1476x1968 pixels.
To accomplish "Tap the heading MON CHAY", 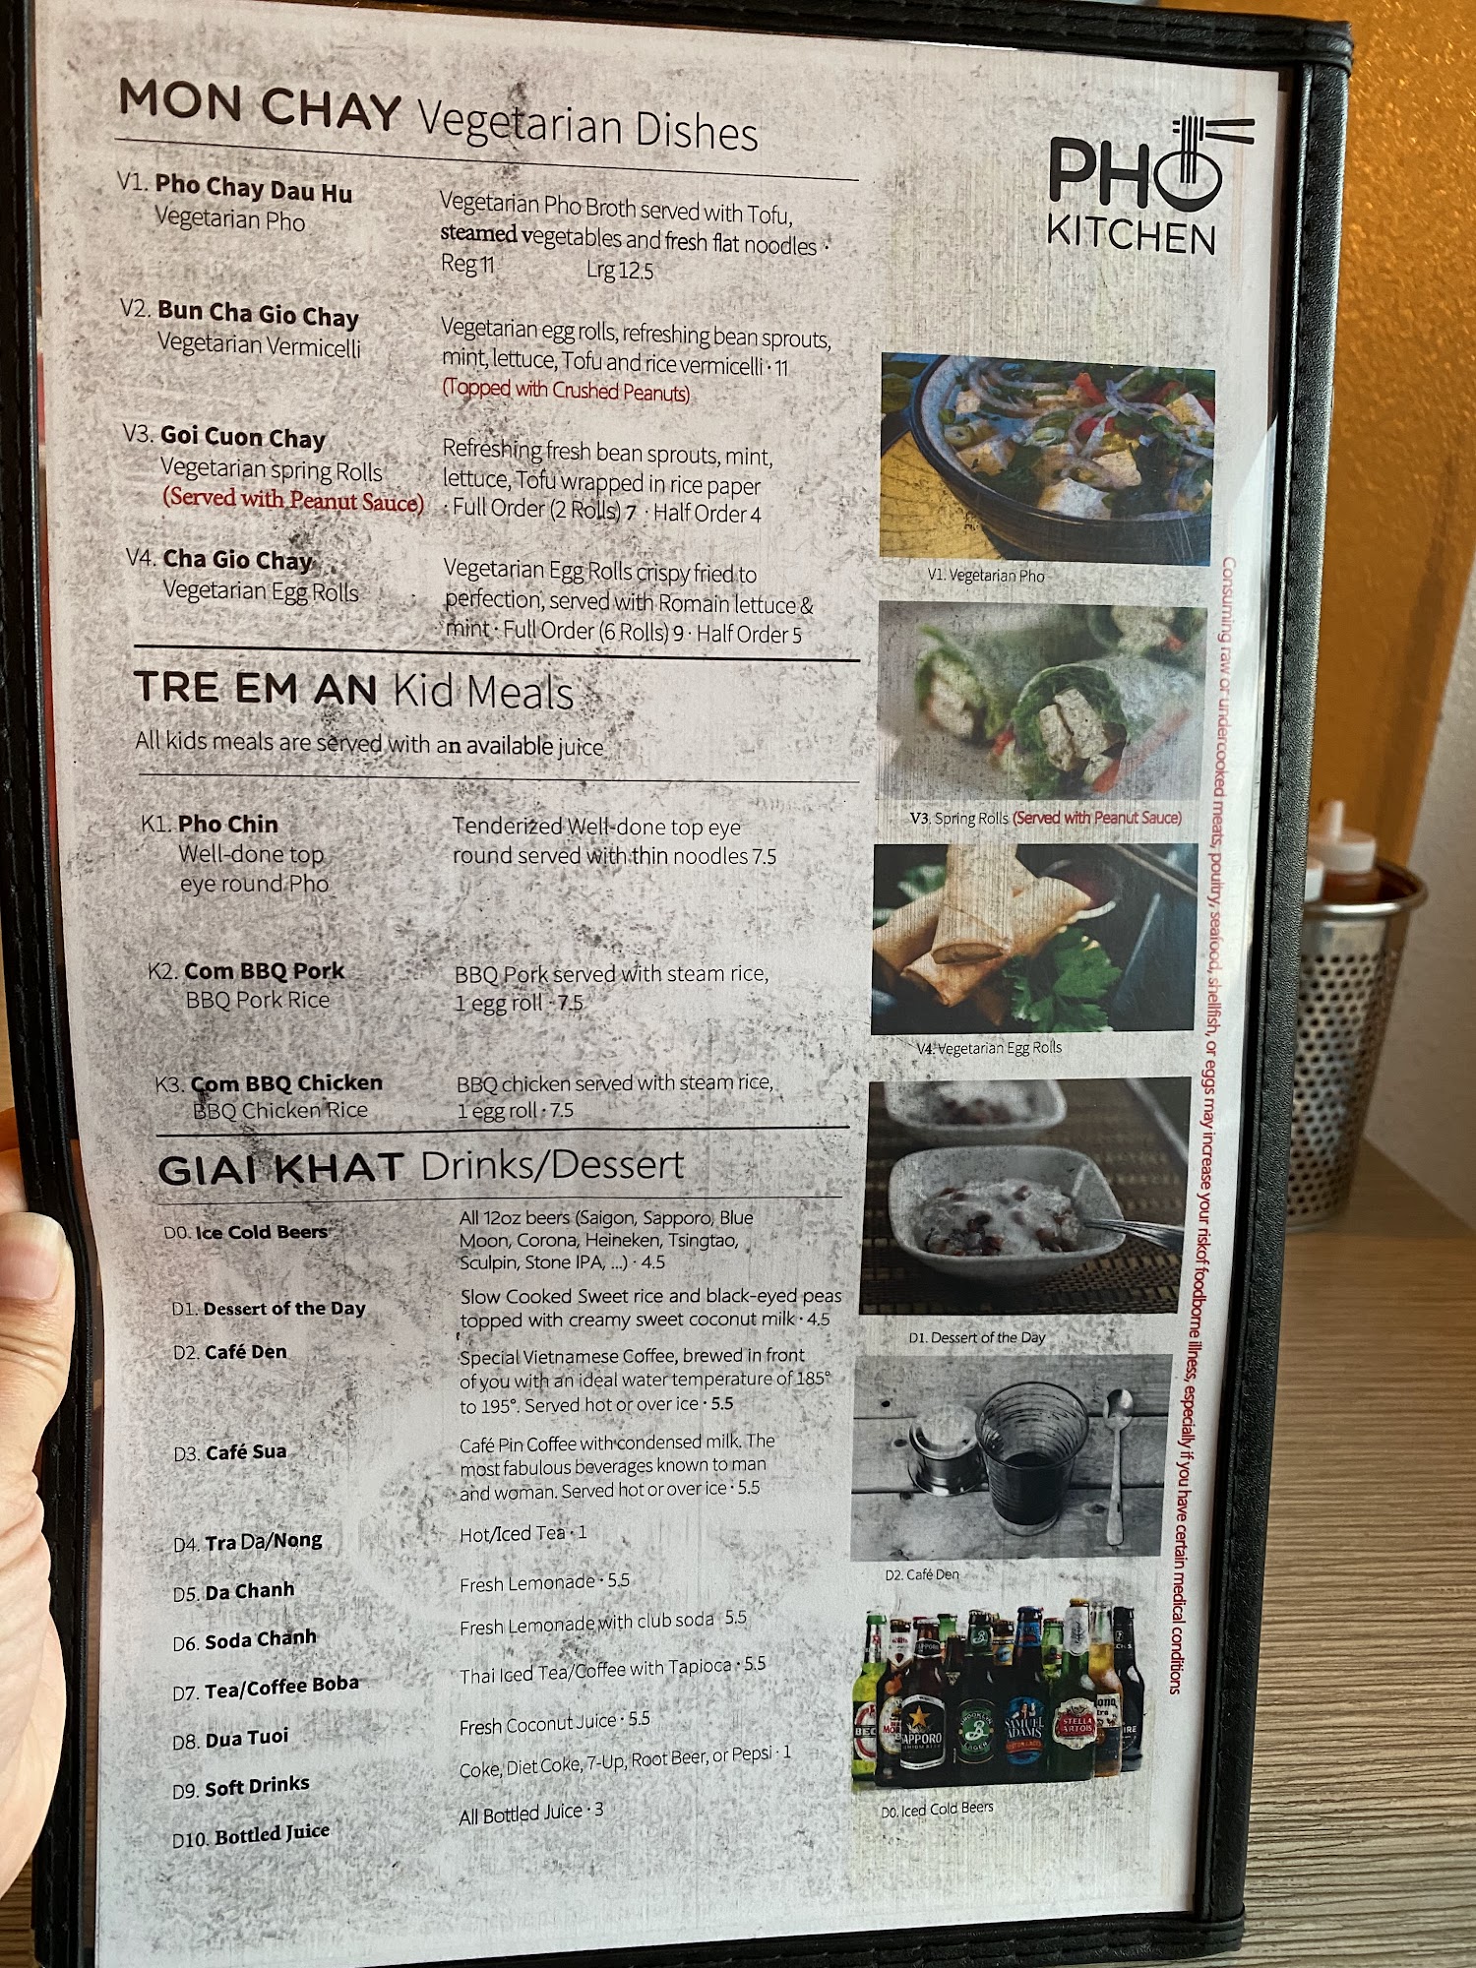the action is tap(259, 104).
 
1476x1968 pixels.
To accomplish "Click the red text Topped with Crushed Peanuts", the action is tap(566, 391).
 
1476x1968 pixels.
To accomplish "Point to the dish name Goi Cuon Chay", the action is tap(242, 437).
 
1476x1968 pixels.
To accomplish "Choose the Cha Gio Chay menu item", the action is tap(237, 559).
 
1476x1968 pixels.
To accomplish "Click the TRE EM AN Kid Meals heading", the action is tap(353, 690).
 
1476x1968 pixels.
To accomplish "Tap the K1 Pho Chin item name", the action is tap(228, 824).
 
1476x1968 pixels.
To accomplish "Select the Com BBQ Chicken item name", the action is tap(285, 1083).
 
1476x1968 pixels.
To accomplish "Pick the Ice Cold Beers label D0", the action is tap(246, 1232).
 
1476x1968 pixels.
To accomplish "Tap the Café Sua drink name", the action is tap(245, 1452).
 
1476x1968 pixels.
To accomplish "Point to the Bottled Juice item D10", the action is tap(272, 1834).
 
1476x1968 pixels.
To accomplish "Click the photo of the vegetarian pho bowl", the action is tap(1047, 459).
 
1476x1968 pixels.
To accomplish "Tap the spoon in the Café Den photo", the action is tap(1117, 1466).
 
